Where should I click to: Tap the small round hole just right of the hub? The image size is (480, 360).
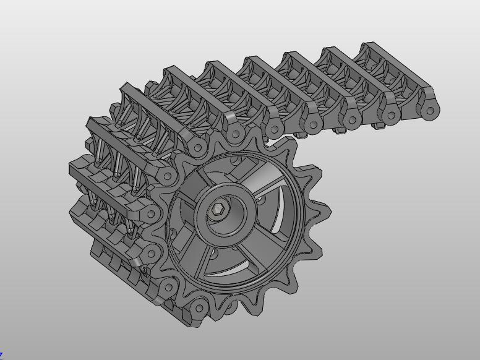(x=260, y=199)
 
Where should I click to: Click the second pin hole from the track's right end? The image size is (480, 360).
(x=392, y=115)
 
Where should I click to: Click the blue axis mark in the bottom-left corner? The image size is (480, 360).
(x=1, y=356)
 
